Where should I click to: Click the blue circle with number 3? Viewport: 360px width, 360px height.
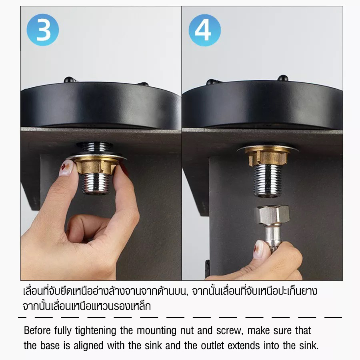click(43, 30)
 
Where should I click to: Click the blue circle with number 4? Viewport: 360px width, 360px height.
click(204, 30)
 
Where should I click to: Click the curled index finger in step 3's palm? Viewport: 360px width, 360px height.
click(86, 224)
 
